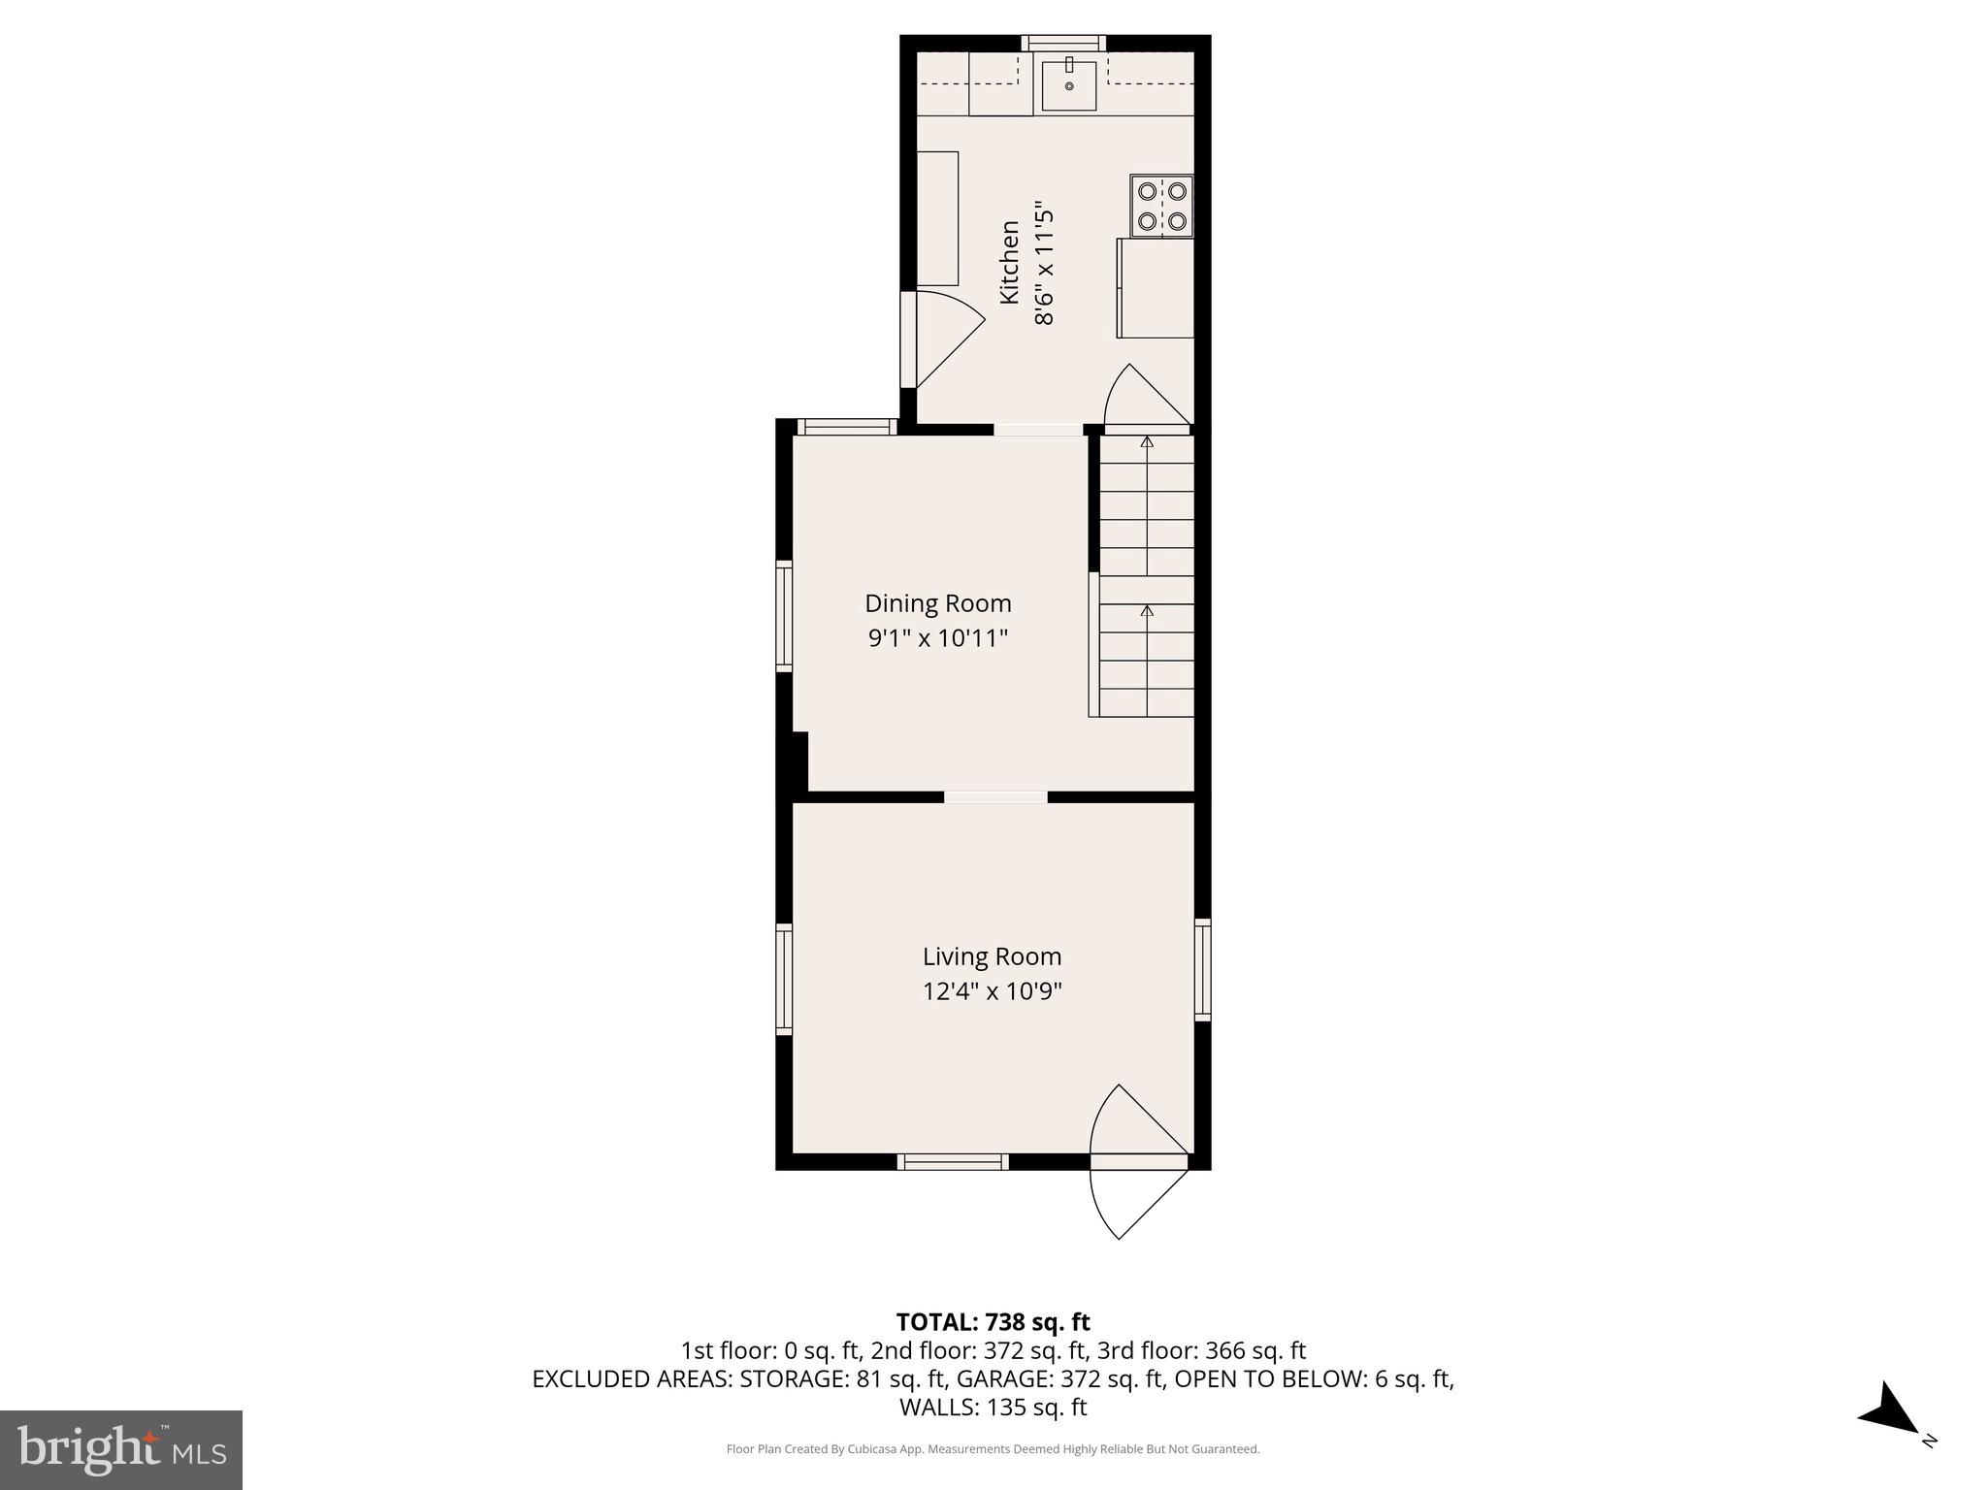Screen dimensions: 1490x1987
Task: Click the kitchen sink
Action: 1069,86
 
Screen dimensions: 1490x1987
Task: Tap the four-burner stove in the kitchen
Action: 1161,206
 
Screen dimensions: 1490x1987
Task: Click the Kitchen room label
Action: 1009,262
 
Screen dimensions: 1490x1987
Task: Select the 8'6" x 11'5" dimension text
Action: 1044,263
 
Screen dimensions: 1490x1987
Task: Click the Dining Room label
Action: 937,603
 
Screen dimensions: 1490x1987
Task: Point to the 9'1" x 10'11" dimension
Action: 937,638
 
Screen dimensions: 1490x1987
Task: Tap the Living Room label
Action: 992,956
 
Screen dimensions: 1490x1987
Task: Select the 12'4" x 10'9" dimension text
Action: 992,991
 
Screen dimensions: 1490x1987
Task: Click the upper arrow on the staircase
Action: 1148,442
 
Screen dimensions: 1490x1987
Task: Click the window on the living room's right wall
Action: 1202,969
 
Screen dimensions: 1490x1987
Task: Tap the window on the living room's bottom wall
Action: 953,1161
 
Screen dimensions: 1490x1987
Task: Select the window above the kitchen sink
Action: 1064,43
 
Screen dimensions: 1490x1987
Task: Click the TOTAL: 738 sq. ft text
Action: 993,1322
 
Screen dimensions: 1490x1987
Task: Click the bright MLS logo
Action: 121,1449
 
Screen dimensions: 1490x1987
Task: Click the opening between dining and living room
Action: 995,797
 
